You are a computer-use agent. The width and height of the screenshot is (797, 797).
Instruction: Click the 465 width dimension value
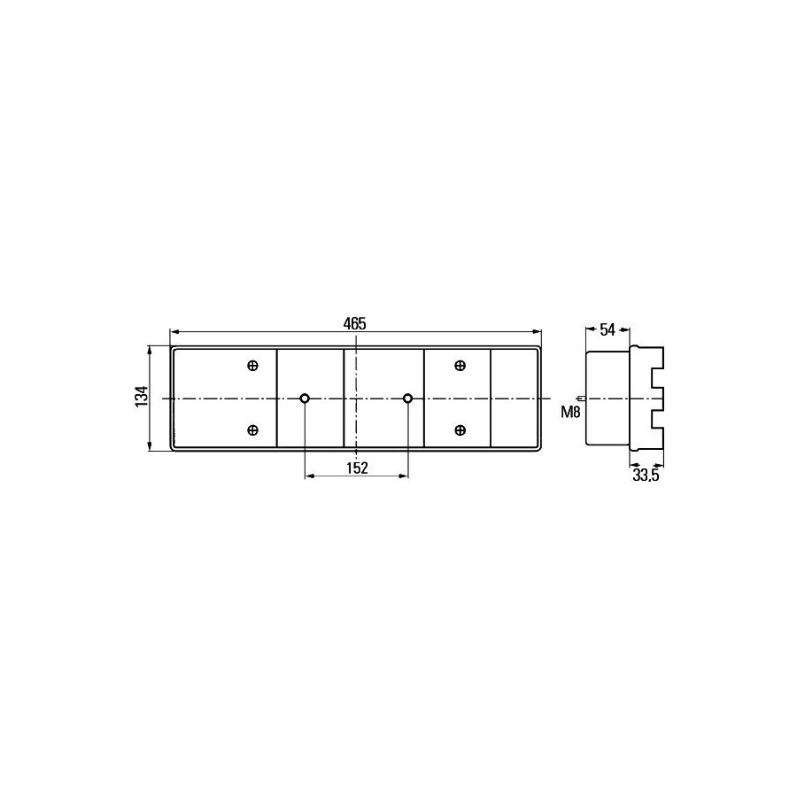pos(354,323)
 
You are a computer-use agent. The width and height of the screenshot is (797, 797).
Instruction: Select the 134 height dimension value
pos(142,396)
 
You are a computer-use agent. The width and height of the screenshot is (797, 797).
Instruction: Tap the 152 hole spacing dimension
pos(357,468)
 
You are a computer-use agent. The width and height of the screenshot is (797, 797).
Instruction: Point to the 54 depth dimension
pos(607,330)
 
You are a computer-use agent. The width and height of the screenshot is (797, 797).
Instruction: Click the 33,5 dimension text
pos(646,476)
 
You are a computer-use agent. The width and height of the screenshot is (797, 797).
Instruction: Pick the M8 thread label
pos(570,412)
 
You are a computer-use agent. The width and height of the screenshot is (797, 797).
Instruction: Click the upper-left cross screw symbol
pos(252,366)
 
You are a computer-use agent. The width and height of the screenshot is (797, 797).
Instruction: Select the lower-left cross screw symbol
pos(252,430)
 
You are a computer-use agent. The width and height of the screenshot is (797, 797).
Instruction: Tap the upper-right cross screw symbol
pos(460,366)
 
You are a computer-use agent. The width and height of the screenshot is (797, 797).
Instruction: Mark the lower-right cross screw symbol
pos(460,430)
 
